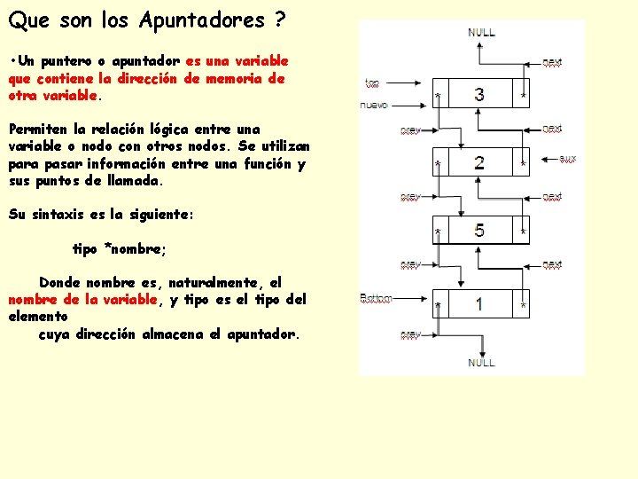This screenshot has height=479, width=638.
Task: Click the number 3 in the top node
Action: click(x=479, y=95)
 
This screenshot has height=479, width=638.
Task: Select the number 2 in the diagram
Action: click(x=479, y=162)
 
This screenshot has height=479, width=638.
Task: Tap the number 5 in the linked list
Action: click(x=479, y=231)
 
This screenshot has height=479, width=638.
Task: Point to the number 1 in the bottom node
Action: click(x=479, y=304)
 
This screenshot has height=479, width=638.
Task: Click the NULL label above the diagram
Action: click(x=481, y=32)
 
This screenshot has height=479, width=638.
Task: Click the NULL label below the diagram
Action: click(x=481, y=363)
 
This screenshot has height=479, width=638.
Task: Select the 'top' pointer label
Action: click(x=372, y=84)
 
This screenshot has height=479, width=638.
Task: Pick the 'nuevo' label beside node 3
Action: click(x=375, y=105)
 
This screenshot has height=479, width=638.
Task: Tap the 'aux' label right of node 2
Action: click(x=568, y=159)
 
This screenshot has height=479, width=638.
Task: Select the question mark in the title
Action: click(x=280, y=20)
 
